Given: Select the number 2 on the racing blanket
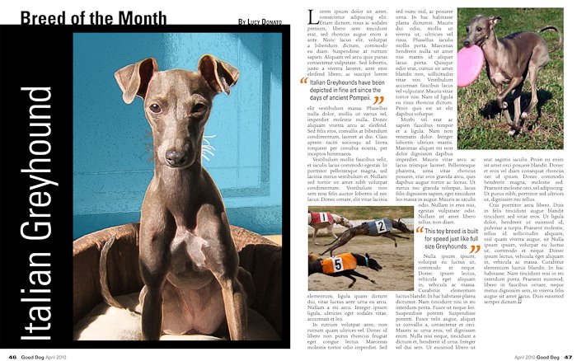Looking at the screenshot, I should coord(380,225).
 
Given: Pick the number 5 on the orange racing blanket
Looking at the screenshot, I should coord(338,264).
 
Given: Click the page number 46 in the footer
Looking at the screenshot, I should coord(12,356).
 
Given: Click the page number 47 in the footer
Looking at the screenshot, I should coord(568,356).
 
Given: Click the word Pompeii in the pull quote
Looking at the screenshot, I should coord(347,98).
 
